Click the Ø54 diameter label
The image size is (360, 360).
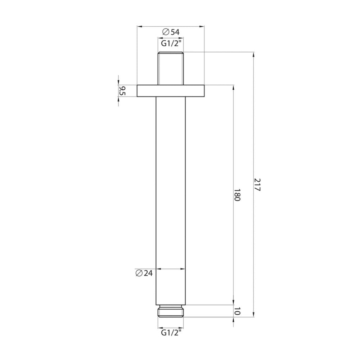click(x=171, y=32)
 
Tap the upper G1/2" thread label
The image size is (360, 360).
click(x=171, y=43)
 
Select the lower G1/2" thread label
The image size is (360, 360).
click(x=171, y=332)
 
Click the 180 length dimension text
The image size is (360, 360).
click(x=237, y=195)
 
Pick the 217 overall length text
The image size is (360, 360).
click(x=257, y=185)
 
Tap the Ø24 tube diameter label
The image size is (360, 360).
click(x=144, y=273)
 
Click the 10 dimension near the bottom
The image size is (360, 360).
click(x=237, y=311)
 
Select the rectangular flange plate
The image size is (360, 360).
click(x=171, y=91)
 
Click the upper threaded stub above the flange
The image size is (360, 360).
click(x=171, y=68)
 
